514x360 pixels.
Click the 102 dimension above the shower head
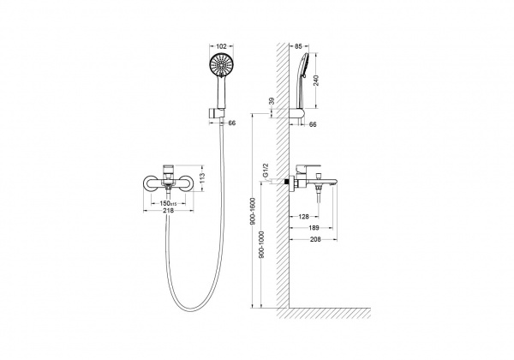(222, 46)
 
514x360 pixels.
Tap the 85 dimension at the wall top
(298, 46)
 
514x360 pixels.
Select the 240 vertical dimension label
(316, 81)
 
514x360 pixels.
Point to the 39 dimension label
(272, 101)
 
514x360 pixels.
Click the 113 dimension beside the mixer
(202, 177)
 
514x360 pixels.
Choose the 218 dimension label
(168, 211)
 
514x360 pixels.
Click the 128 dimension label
(304, 216)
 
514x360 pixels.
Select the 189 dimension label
(314, 228)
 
